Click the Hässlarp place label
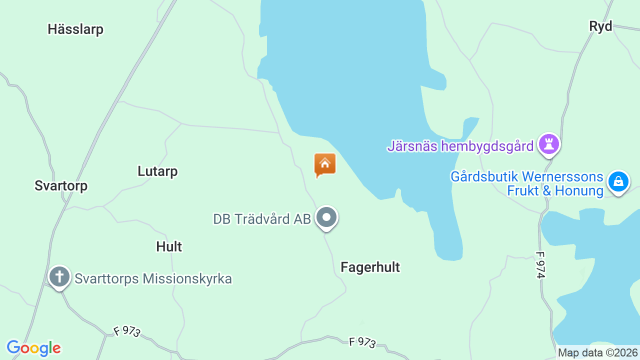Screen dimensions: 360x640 75,29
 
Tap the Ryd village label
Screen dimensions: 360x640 600,26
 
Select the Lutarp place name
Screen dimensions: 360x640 157,171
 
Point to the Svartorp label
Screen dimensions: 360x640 61,186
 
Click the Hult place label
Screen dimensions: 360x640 169,246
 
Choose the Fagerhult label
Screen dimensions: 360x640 370,267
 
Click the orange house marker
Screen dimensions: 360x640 325,164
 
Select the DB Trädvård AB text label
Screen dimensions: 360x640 262,219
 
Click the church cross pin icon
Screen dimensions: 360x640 59,276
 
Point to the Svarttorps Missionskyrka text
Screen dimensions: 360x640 153,278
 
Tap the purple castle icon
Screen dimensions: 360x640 549,144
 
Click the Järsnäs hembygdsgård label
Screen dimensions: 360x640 460,146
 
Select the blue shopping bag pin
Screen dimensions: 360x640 618,182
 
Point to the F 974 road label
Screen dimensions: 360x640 540,264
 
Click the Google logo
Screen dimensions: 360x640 33,348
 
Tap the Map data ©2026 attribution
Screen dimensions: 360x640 598,352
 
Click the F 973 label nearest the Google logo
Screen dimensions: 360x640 127,332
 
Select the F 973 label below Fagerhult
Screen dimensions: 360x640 362,342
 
